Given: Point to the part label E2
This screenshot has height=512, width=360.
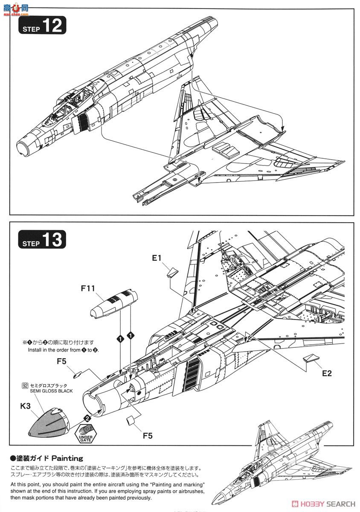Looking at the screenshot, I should tap(327, 373).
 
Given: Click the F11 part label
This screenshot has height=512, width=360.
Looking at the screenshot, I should tap(88, 289).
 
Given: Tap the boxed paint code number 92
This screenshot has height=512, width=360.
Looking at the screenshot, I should tap(25, 385).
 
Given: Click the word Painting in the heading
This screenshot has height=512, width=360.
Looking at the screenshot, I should tap(67, 458).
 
